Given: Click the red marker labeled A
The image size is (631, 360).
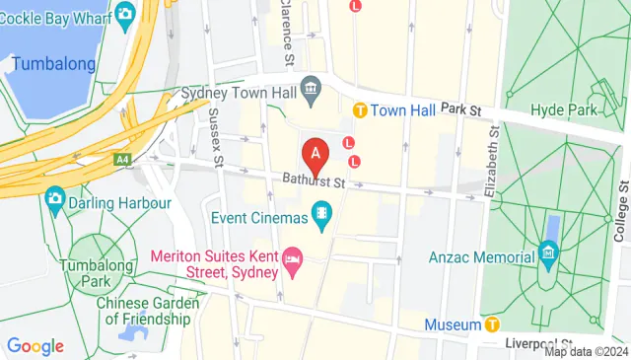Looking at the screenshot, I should (315, 156).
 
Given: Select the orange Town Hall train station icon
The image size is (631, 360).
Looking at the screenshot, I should (361, 110).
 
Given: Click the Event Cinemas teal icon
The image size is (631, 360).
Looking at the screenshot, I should (320, 211).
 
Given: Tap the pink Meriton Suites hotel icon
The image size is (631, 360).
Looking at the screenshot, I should (292, 260).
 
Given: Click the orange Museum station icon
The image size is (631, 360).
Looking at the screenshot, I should (491, 324).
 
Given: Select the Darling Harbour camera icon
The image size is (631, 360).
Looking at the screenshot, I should (55, 200).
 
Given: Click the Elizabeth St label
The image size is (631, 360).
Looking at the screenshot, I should (492, 142).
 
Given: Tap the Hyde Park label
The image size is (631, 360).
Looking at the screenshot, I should (562, 110).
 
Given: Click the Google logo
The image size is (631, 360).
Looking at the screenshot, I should (35, 346).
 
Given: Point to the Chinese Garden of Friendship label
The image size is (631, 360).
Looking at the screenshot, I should (144, 310).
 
